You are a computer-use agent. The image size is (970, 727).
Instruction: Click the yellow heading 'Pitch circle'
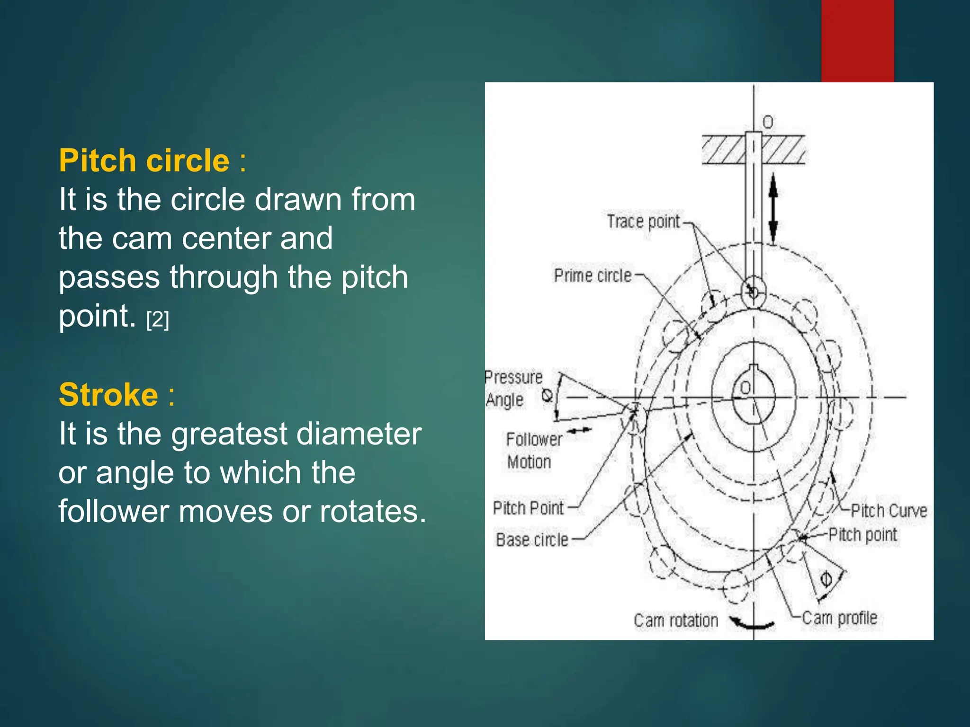coord(144,160)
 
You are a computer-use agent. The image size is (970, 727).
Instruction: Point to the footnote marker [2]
coord(158,320)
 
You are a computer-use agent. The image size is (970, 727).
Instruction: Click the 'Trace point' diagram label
coord(643,221)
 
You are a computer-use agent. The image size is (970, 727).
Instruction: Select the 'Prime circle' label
coord(593,275)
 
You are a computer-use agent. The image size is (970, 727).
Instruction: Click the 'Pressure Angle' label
coord(513,389)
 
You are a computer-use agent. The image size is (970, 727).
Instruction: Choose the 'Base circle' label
coord(532,540)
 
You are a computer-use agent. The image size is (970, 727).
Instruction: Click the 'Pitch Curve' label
coord(889,511)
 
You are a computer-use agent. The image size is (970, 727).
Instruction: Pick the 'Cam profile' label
coord(839,618)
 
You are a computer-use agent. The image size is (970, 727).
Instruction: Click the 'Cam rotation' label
coord(676,621)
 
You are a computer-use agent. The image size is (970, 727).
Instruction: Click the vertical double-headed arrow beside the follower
coord(772,208)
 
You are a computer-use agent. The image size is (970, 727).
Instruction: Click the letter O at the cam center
coord(745,388)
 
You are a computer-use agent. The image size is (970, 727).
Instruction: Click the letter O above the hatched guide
coord(767,122)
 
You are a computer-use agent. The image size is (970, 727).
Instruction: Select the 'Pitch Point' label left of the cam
coord(528,508)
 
